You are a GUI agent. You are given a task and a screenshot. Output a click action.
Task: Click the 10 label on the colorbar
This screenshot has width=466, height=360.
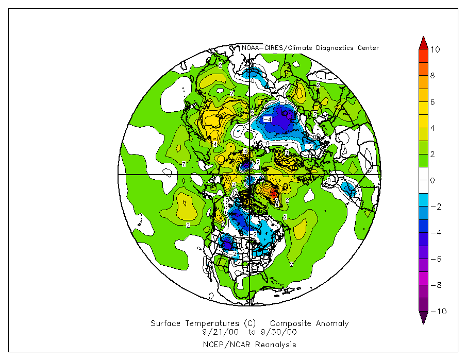(435, 49)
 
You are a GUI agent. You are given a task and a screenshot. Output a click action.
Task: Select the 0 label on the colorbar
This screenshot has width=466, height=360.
(433, 181)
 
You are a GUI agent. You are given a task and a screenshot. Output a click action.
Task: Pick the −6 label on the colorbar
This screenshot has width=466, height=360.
(435, 259)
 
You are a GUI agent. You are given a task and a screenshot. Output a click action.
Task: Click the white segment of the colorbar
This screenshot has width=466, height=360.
(423, 180)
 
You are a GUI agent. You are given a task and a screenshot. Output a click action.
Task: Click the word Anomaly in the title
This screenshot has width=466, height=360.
(333, 323)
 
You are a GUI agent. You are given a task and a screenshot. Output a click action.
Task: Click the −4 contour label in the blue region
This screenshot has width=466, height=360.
(267, 119)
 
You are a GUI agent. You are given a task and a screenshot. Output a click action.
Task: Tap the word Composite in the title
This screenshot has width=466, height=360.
(291, 323)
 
